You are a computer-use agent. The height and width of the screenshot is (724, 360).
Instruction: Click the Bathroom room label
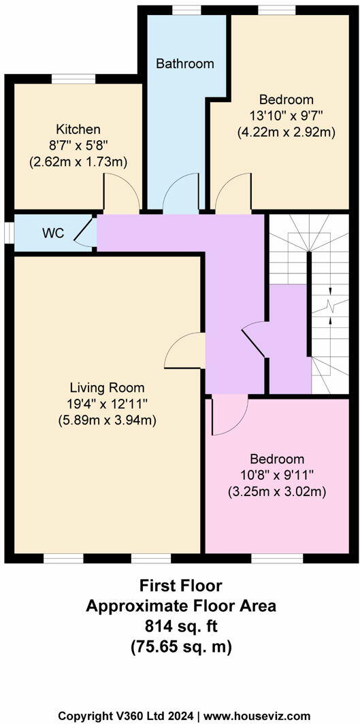click(184, 64)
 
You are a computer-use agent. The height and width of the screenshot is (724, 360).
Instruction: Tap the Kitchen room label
click(78, 129)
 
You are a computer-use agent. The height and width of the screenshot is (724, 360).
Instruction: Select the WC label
click(53, 233)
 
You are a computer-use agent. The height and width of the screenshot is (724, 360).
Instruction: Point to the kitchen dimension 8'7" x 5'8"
click(78, 146)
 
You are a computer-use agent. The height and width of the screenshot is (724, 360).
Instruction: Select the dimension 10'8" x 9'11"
click(276, 475)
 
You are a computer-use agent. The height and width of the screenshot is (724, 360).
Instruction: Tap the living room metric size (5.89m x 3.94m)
click(108, 421)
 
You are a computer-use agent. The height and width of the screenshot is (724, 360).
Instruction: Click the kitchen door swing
click(121, 193)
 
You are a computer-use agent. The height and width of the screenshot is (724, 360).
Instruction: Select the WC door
click(84, 233)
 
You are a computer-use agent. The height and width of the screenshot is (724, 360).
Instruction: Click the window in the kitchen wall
click(73, 79)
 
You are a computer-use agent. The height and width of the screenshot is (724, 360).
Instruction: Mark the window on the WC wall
click(7, 233)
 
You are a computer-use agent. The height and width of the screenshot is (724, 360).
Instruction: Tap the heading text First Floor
click(180, 585)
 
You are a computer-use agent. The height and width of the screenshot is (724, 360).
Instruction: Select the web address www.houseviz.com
click(259, 716)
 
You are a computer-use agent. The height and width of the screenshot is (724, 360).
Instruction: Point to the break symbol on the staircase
click(330, 305)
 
